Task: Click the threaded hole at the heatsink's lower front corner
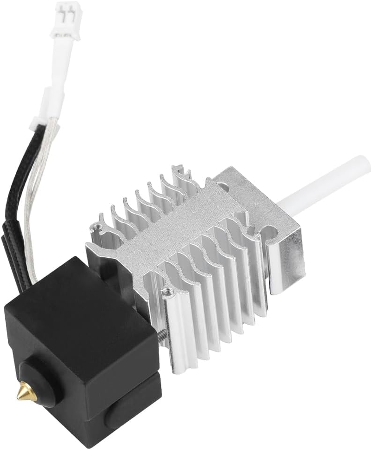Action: pyautogui.click(x=167, y=293)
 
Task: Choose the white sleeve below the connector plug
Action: pyautogui.click(x=56, y=102)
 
